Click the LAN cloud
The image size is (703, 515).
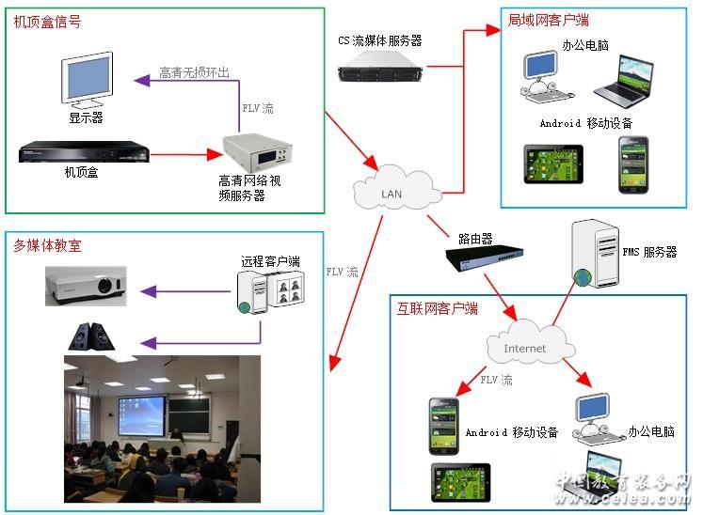[x=396, y=192]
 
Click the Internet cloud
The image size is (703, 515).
[x=524, y=348]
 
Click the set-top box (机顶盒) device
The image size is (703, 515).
[x=85, y=151]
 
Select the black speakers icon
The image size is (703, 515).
[x=90, y=336]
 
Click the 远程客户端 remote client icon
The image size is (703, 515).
[x=272, y=290]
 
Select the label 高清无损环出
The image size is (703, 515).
[x=194, y=73]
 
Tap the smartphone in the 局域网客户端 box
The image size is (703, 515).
[x=633, y=164]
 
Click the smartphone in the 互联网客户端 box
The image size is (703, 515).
[x=443, y=420]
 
